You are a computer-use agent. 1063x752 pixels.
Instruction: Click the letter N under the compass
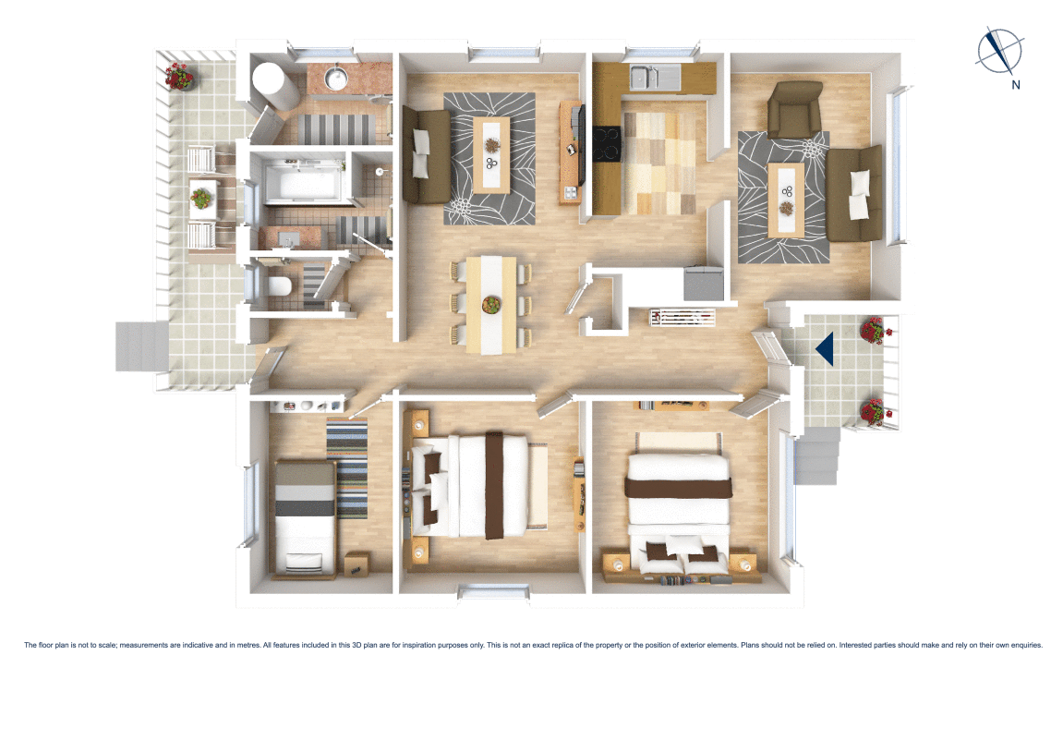pos(1015,86)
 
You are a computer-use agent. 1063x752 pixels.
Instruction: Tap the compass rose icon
pos(999,51)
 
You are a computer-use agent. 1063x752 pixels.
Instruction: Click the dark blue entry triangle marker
pos(825,347)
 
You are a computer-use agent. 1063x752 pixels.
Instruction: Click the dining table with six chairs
pos(490,304)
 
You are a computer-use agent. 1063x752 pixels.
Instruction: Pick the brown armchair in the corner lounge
pos(795,107)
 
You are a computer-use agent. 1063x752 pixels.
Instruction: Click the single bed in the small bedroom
pos(305,517)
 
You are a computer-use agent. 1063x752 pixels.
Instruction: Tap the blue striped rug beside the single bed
pos(348,467)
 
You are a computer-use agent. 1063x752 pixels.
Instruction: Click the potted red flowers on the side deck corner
pos(179,76)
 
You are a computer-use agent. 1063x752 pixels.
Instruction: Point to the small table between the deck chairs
pos(201,197)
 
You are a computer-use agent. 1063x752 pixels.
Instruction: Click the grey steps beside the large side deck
pos(140,346)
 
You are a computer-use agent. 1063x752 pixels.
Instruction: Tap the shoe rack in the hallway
pos(683,318)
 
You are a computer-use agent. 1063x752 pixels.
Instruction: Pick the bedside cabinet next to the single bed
pos(357,563)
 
